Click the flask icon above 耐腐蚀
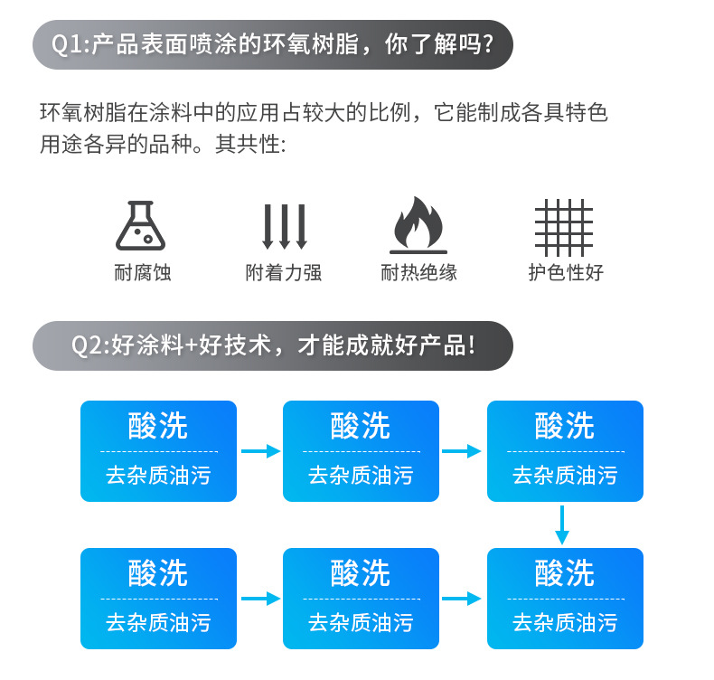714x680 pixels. point(140,226)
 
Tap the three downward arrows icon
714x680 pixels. point(284,226)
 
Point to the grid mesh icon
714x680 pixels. point(564,227)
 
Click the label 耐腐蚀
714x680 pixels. point(142,272)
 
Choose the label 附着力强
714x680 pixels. point(284,272)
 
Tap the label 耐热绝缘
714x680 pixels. point(418,272)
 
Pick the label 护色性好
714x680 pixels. point(565,272)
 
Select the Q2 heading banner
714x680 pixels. point(272,345)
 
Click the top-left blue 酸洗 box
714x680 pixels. point(158,451)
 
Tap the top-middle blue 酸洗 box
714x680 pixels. point(361,451)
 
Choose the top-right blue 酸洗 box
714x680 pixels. point(565,451)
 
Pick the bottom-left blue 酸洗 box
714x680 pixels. point(158,599)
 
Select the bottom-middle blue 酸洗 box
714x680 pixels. point(361,599)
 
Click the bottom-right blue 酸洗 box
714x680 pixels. point(565,599)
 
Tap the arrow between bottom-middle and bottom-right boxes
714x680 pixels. point(462,599)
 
